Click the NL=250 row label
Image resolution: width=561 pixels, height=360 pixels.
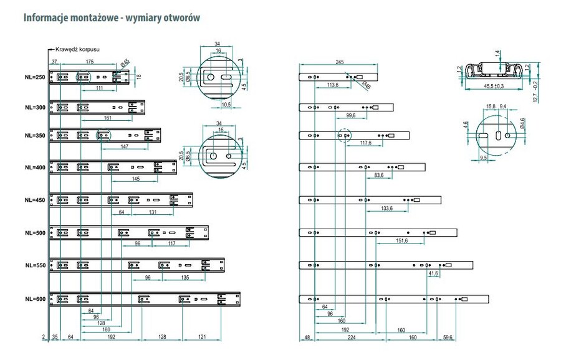coord(36,78)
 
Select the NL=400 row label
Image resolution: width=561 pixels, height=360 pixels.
coord(36,168)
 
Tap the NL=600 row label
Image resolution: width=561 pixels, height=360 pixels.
coord(36,299)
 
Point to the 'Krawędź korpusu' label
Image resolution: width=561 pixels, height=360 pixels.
coord(77,49)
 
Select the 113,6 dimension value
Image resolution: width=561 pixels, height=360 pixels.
coord(332,85)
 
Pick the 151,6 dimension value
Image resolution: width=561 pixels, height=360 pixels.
coord(401,241)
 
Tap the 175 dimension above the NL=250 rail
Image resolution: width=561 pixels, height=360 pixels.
coord(90,62)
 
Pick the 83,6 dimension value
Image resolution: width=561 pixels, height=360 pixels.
coord(379,176)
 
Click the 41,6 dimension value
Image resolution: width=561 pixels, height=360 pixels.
coord(433,273)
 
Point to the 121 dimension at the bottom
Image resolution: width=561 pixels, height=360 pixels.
coord(203,338)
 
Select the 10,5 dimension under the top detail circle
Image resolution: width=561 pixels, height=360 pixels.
coord(226,105)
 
